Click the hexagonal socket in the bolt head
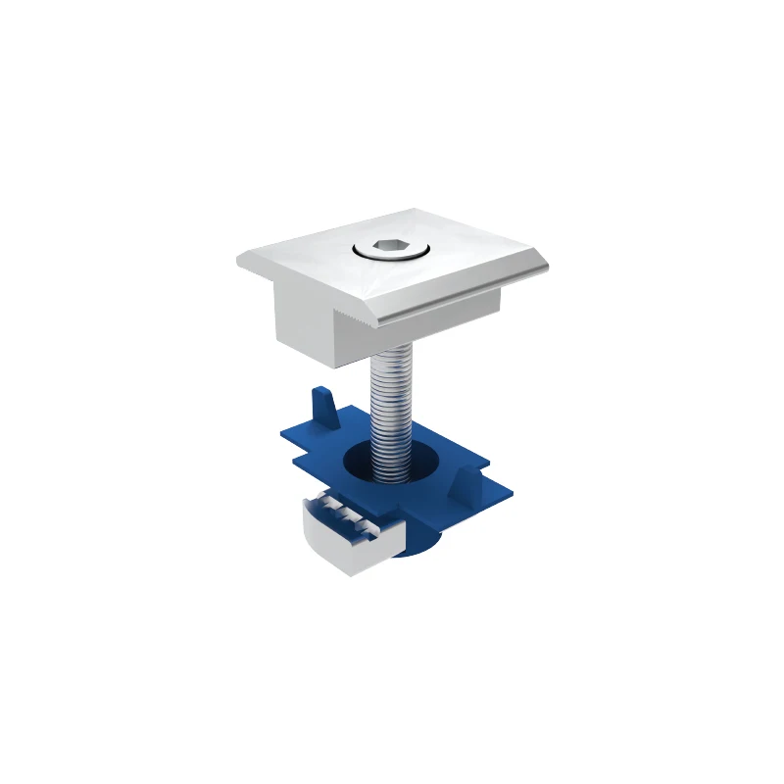[x=390, y=249]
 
